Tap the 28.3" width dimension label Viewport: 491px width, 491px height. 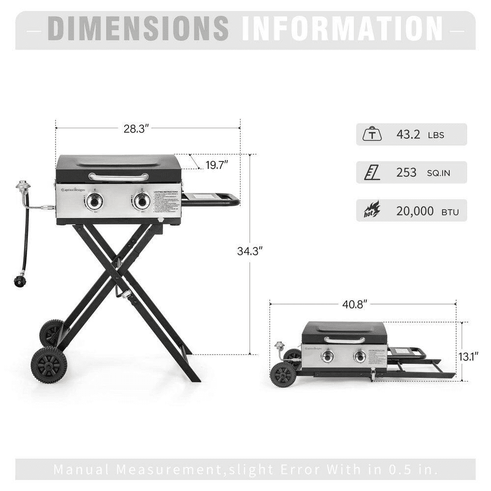click(x=136, y=129)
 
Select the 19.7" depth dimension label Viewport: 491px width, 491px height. click(x=217, y=164)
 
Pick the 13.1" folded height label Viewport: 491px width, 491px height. click(x=469, y=356)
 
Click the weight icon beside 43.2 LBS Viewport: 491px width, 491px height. click(x=371, y=134)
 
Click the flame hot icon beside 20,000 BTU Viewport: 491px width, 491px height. click(x=371, y=211)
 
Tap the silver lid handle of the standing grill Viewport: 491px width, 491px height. click(x=118, y=176)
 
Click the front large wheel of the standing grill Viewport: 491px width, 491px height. click(x=49, y=365)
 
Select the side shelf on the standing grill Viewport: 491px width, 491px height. click(x=210, y=199)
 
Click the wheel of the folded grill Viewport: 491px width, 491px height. click(x=283, y=375)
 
